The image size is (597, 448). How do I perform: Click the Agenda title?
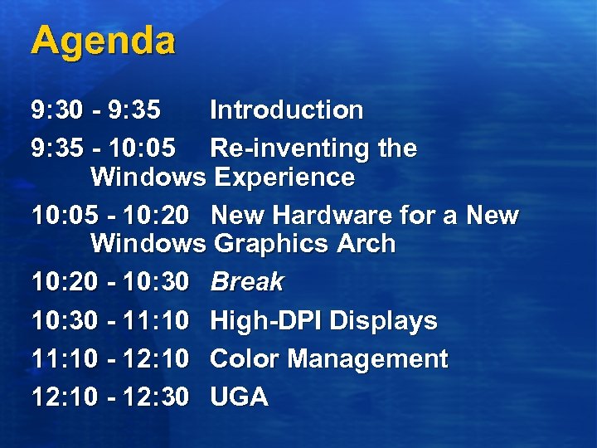103,41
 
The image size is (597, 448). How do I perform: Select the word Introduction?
286,110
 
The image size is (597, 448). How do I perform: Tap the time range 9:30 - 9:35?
96,110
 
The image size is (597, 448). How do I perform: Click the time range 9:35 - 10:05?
104,149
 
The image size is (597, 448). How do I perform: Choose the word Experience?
284,178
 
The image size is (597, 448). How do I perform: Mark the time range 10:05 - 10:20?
110,216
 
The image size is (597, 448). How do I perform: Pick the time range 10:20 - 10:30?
110,282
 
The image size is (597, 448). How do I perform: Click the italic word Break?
246,282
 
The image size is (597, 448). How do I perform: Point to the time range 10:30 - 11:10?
110,320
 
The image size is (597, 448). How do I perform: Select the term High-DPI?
266,320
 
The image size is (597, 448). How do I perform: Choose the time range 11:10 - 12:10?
110,359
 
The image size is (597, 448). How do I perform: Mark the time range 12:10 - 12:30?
110,397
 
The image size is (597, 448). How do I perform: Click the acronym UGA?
239,397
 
